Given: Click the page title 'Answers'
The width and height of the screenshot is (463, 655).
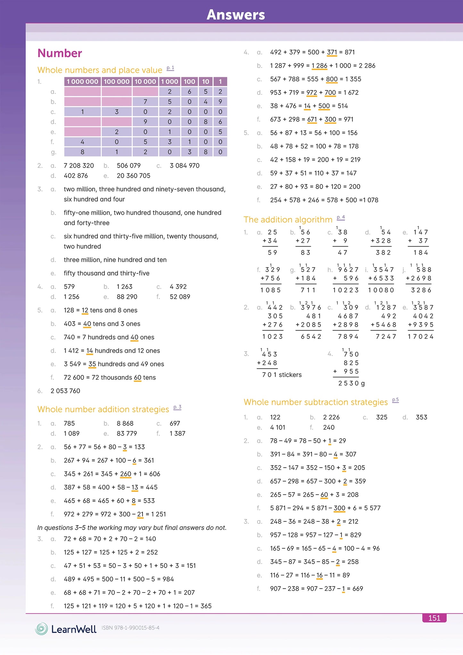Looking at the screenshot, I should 236,15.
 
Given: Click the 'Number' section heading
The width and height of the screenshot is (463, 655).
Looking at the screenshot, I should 60,53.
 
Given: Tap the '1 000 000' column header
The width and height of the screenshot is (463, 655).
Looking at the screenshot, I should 82,82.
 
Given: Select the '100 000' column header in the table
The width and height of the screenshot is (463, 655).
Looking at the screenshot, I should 117,82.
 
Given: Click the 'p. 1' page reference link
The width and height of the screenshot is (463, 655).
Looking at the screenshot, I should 170,68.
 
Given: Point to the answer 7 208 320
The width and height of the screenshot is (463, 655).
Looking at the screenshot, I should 79,166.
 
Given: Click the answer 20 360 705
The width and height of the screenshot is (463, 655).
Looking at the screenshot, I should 133,176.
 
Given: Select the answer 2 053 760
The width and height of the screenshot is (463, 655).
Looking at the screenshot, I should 65,391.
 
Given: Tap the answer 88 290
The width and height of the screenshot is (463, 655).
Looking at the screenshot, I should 127,297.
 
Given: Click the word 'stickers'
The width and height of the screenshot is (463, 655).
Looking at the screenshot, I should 290,375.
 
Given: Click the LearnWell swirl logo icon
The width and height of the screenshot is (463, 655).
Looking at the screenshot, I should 41,629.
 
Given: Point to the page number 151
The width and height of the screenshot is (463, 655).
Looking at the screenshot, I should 434,618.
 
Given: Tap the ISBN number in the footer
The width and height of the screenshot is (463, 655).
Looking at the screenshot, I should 130,628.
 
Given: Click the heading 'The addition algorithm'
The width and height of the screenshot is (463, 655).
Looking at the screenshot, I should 288,220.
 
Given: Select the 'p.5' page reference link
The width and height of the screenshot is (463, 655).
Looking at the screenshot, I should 395,400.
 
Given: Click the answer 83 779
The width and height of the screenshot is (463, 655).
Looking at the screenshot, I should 127,433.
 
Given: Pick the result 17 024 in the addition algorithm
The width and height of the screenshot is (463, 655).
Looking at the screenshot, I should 420,337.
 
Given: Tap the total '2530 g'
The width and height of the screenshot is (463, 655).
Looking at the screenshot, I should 351,383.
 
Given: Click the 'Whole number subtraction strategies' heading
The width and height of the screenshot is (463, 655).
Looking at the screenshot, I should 316,402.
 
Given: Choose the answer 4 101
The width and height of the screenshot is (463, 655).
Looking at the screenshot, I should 277,427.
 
